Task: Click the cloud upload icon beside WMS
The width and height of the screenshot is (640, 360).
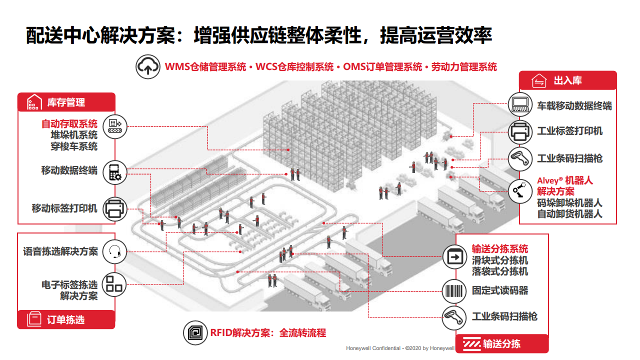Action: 148,67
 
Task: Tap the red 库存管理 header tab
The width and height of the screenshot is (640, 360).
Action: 66,102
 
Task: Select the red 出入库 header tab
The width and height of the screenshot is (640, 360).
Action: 567,80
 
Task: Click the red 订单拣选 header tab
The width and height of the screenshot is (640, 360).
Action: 66,319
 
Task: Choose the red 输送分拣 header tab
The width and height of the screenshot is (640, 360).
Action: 501,343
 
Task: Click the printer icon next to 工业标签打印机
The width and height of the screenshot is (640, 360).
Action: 521,131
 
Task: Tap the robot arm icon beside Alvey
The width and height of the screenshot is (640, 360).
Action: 521,189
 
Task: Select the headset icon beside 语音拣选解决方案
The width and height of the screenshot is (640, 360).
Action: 115,251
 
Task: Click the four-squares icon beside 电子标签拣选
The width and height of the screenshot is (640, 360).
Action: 115,284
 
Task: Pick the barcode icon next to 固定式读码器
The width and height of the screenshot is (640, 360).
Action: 455,290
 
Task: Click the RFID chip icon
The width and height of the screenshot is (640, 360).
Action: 195,332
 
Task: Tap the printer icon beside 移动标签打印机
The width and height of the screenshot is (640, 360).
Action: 115,208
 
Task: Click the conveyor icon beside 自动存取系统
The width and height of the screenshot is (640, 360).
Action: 115,124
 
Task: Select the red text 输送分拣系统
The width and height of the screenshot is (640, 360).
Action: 500,249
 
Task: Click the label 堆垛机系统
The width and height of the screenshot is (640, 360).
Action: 73,135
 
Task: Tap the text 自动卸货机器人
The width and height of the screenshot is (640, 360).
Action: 569,214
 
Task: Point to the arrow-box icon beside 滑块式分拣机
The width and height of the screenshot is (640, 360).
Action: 455,257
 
